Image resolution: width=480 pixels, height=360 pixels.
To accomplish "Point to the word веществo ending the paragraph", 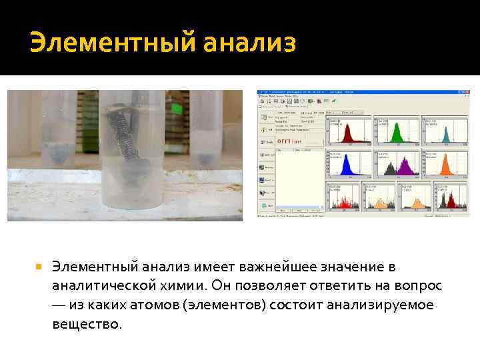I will coord(87,325).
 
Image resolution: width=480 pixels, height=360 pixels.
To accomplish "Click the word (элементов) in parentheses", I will coord(230,305).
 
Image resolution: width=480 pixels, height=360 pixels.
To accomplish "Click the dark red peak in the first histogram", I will coord(347,134).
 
